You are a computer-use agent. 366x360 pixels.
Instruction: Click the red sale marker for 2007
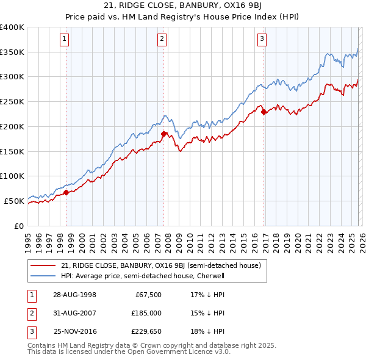point(163,134)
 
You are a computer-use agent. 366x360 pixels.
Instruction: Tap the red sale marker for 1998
point(66,192)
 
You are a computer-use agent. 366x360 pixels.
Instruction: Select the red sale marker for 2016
point(264,112)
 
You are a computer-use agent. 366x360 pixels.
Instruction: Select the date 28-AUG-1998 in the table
point(74,295)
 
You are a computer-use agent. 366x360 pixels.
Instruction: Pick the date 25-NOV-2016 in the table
point(74,331)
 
